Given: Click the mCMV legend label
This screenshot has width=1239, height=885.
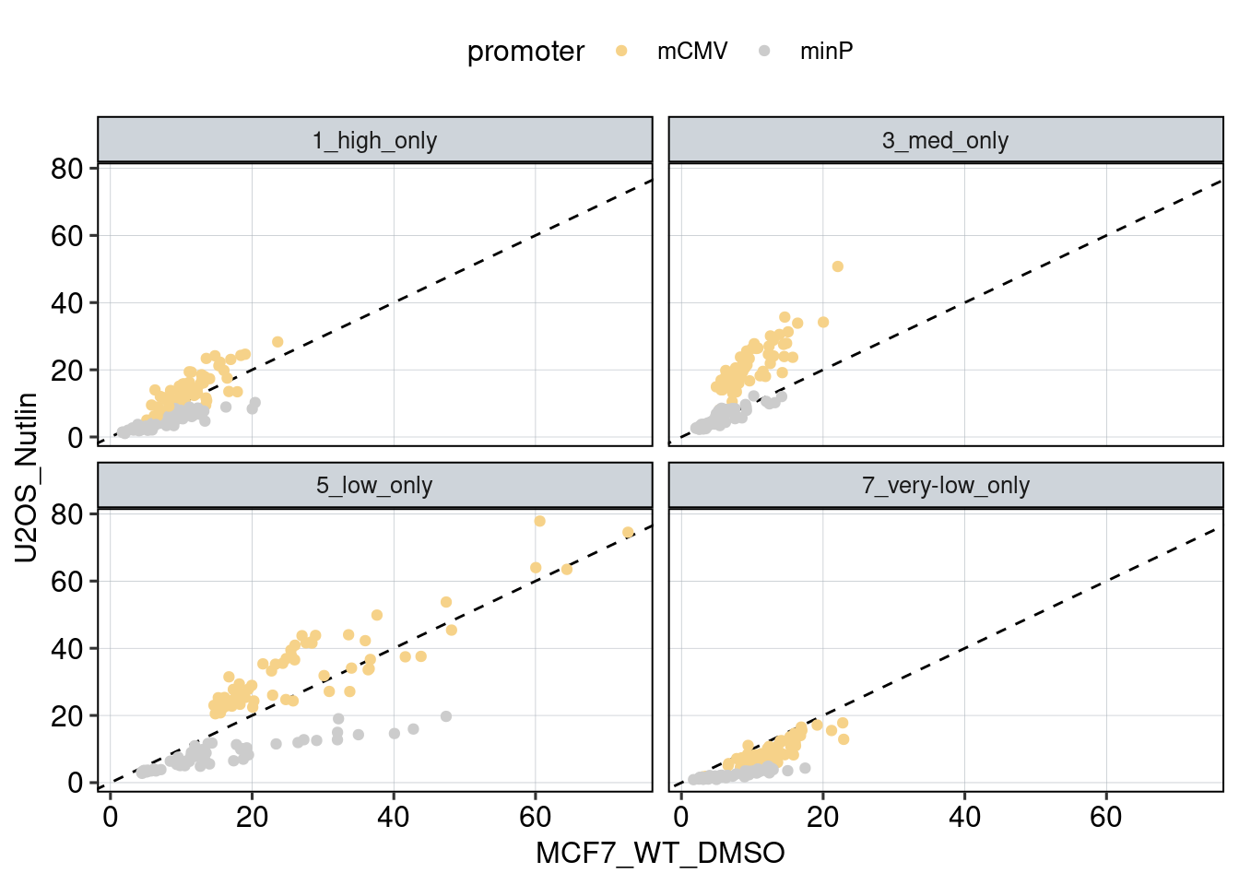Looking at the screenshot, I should (691, 52).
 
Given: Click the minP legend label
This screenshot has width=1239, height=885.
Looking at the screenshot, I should (826, 52).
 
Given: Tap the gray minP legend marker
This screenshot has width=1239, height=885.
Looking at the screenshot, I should (764, 52).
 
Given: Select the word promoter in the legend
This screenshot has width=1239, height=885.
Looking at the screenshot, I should (525, 52).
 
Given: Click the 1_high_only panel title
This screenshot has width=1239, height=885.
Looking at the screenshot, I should (374, 141).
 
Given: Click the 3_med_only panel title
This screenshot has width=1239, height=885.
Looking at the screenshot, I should (945, 141).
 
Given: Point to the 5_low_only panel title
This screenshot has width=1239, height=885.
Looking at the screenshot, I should (374, 486).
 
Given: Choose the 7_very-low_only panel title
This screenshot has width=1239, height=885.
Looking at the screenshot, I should (945, 486).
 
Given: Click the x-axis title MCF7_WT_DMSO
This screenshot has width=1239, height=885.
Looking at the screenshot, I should (660, 854).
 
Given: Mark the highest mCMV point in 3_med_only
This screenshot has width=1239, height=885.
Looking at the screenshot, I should (838, 266).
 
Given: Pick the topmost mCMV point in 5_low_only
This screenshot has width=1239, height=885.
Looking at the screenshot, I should (540, 521).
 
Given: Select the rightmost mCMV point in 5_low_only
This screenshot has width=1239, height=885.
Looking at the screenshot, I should (628, 532).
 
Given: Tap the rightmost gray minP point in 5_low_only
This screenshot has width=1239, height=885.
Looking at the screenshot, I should (446, 716).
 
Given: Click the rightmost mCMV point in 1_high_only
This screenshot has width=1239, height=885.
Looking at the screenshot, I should (277, 342).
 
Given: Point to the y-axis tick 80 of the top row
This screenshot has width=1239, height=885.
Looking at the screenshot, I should (66, 169).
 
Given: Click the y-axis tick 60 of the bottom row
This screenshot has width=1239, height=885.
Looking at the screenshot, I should (66, 582).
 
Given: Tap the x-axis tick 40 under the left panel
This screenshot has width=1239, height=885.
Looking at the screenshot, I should (394, 817).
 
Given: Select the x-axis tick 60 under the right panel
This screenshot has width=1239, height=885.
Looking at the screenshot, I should (1106, 817).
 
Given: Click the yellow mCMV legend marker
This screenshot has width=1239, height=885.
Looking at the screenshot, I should (621, 52).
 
